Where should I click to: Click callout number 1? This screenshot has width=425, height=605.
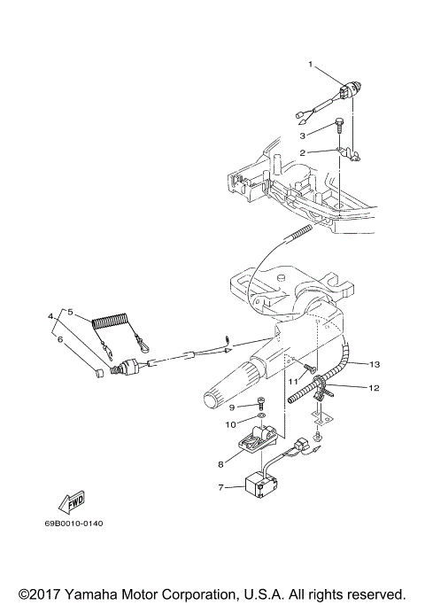coord(311,65)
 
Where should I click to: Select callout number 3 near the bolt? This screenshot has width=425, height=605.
coord(302,135)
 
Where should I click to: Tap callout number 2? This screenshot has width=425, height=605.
coord(302,152)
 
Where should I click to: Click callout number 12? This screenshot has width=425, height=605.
coord(374,387)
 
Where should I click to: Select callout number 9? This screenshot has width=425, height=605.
coord(231,407)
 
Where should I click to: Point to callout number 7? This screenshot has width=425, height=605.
coord(221,486)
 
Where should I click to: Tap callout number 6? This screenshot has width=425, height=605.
coord(60,338)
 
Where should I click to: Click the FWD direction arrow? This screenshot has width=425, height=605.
coord(71,501)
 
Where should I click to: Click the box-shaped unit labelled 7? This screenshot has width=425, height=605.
coord(262,483)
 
